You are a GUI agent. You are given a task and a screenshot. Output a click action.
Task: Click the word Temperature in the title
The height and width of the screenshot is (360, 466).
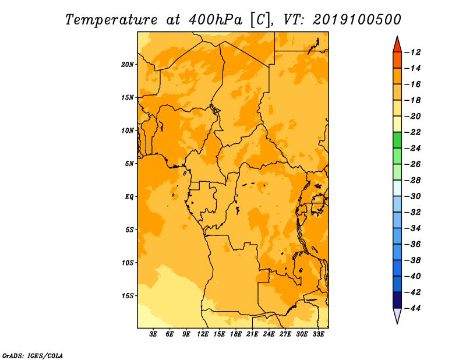(111, 20)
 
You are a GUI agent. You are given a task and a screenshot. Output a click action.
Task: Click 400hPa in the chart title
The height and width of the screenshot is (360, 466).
(216, 20)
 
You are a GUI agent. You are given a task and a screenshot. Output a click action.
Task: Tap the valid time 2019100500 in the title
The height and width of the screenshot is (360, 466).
(356, 20)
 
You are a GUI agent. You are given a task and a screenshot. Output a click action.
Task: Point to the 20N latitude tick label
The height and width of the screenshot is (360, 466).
(128, 65)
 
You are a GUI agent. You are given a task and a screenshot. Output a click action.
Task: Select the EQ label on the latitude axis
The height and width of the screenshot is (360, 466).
(129, 197)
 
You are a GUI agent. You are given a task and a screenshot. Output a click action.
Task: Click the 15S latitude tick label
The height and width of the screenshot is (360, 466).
(128, 296)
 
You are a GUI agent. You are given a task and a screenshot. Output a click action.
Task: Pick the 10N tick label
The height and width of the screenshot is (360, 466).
(128, 130)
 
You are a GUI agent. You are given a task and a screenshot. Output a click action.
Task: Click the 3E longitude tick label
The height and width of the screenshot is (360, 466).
(153, 334)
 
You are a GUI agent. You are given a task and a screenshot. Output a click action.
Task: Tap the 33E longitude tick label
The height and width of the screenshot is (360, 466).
(318, 334)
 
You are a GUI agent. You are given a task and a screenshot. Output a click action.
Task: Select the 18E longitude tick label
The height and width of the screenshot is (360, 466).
(236, 334)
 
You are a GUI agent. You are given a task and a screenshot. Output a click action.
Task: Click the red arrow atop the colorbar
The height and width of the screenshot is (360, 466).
(397, 44)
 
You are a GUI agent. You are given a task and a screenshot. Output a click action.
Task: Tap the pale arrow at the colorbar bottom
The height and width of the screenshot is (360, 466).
(397, 316)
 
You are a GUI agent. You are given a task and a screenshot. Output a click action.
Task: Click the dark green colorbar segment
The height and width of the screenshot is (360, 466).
(397, 140)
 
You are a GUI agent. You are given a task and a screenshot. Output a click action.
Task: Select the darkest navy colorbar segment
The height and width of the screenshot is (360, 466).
(397, 300)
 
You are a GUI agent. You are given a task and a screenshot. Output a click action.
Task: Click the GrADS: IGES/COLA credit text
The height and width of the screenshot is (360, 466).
(33, 356)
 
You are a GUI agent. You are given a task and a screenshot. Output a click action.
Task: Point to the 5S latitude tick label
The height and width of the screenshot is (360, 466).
(129, 230)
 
